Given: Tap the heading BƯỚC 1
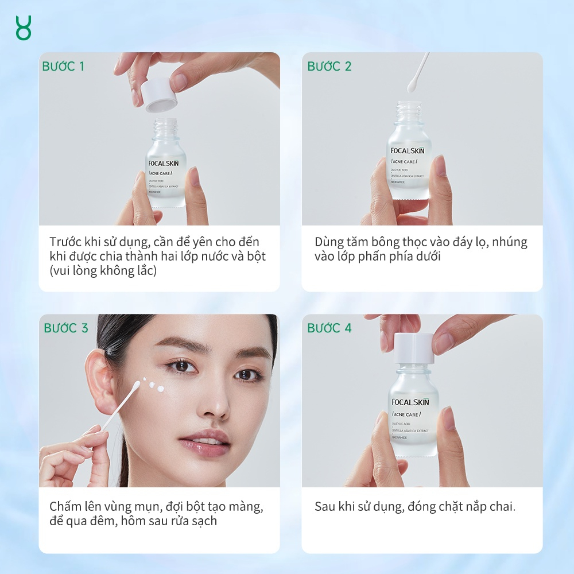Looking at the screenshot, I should click(x=63, y=67).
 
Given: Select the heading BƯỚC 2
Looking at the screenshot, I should click(x=329, y=67).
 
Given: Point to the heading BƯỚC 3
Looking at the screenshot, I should click(x=66, y=328).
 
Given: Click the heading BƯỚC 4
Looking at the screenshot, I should click(x=329, y=328).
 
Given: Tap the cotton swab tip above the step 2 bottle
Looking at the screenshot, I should click(x=412, y=87).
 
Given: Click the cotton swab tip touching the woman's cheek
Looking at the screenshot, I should click(x=138, y=387).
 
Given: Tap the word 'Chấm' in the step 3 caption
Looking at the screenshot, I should click(x=65, y=507).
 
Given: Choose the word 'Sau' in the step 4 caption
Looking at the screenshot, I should click(x=325, y=507).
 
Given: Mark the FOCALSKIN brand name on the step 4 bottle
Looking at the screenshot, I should click(x=410, y=402).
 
